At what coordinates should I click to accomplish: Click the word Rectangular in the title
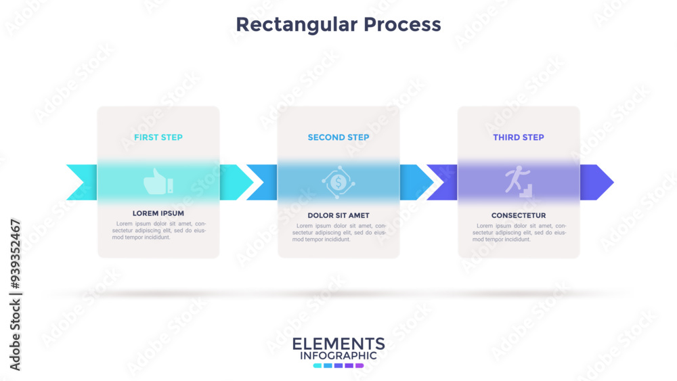click(297, 25)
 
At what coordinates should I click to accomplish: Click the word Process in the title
click(402, 24)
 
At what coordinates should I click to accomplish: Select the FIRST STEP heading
click(158, 137)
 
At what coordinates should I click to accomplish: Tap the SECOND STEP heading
click(338, 137)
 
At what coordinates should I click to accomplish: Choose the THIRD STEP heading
click(519, 137)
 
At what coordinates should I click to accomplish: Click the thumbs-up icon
click(158, 181)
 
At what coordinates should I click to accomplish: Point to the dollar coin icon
click(338, 182)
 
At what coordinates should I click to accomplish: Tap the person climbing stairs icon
click(519, 181)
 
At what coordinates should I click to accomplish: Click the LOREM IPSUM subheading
click(158, 213)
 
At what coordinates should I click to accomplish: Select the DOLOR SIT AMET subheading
click(338, 215)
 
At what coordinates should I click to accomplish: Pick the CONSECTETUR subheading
click(519, 215)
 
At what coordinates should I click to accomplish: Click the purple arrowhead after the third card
click(596, 182)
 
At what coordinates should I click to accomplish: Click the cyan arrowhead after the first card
click(236, 182)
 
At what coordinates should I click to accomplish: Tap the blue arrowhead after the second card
click(416, 182)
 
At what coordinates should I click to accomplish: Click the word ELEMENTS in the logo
click(338, 344)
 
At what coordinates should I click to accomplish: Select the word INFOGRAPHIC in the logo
click(338, 356)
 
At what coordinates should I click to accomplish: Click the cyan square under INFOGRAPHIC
click(318, 366)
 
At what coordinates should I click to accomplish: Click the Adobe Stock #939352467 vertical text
click(15, 294)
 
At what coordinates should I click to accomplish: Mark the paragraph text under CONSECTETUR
click(519, 233)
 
